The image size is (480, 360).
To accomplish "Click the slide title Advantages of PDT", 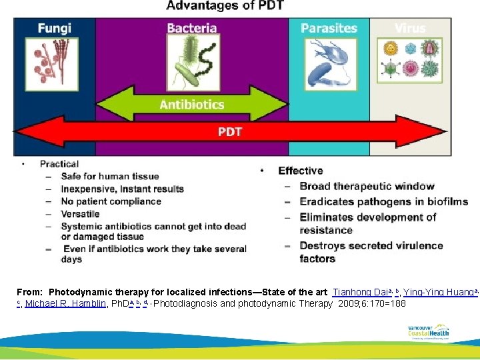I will click(x=225, y=6).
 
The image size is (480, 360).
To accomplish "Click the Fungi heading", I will click(x=54, y=29).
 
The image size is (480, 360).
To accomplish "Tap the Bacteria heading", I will click(x=191, y=28).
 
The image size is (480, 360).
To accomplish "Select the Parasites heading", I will click(x=329, y=28).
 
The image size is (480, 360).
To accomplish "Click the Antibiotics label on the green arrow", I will click(x=191, y=105).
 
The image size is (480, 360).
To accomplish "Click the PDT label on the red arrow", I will click(x=229, y=131).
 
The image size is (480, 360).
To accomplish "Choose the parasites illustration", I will click(x=329, y=63).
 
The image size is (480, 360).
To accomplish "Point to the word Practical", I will click(x=59, y=164).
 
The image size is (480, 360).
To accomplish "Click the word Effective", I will click(x=300, y=171).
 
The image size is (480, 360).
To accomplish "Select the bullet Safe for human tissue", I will click(x=109, y=177).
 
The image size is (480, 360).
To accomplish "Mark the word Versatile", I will click(x=79, y=214).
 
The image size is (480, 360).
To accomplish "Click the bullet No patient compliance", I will click(x=111, y=201).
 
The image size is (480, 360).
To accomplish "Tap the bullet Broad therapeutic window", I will click(x=367, y=186).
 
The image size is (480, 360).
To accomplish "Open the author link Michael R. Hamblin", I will click(x=65, y=303).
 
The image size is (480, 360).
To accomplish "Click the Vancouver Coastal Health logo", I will click(x=428, y=331).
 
